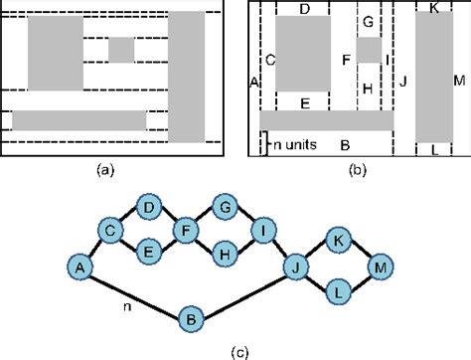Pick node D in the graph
click(148, 208)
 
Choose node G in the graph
click(225, 208)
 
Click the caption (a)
click(105, 170)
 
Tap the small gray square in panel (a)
click(121, 48)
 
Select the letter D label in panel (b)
click(304, 8)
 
